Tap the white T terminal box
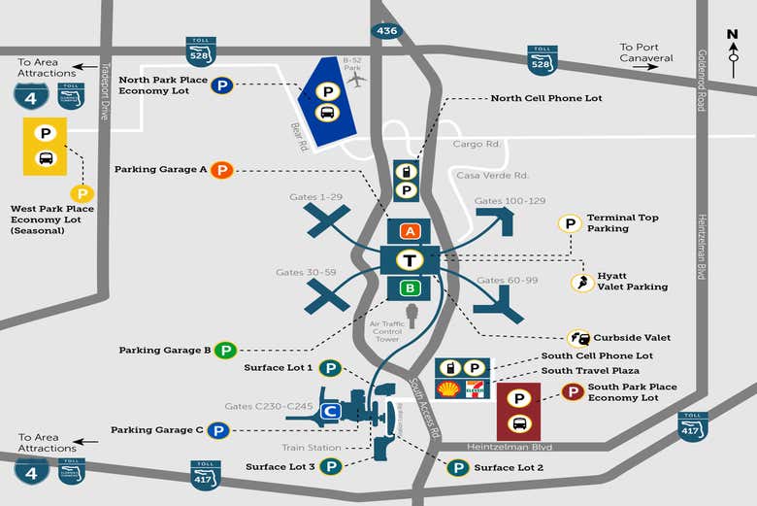[411, 260]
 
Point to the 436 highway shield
[387, 31]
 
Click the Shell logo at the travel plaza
[449, 389]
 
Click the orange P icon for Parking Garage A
[222, 170]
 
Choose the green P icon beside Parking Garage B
[226, 350]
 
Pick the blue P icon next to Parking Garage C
[218, 430]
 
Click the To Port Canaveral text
[646, 52]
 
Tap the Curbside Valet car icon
[578, 338]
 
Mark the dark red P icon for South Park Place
[574, 392]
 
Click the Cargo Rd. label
[477, 144]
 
